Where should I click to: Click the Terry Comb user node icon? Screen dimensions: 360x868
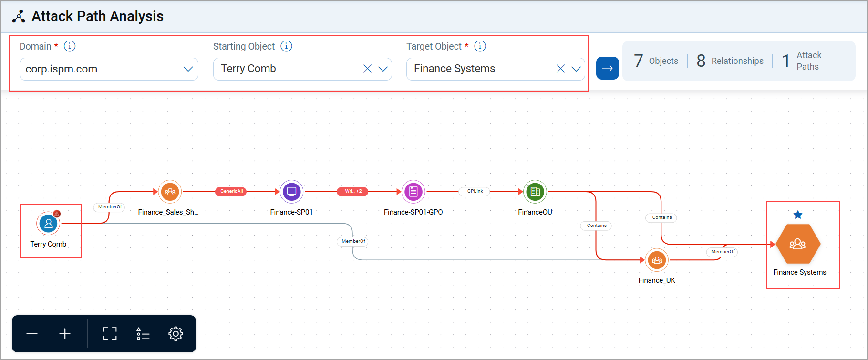pos(48,223)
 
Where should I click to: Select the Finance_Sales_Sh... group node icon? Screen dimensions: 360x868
pos(170,192)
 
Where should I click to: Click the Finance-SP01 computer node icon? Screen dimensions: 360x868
pos(291,192)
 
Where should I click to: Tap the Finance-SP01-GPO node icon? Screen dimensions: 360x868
pos(413,192)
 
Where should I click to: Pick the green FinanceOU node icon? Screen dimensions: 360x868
pos(535,192)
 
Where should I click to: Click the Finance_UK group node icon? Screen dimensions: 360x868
pos(657,260)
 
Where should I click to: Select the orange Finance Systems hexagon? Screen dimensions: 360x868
pos(798,244)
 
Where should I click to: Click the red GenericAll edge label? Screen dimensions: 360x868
pos(231,191)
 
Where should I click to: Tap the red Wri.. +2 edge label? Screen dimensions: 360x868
pos(353,191)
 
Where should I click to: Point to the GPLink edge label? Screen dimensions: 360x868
pos(475,191)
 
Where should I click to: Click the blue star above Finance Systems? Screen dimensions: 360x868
pos(798,215)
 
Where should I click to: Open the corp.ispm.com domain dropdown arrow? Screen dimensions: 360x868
pos(188,69)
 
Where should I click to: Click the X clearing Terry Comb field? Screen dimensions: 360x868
pos(367,69)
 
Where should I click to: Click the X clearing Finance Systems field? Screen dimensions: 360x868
pos(560,69)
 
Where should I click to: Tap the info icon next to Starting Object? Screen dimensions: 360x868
pos(286,46)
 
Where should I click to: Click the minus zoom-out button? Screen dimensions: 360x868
pos(32,334)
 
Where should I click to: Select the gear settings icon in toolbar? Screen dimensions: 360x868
pos(176,334)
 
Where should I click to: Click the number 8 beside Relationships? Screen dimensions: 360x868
pos(701,61)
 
